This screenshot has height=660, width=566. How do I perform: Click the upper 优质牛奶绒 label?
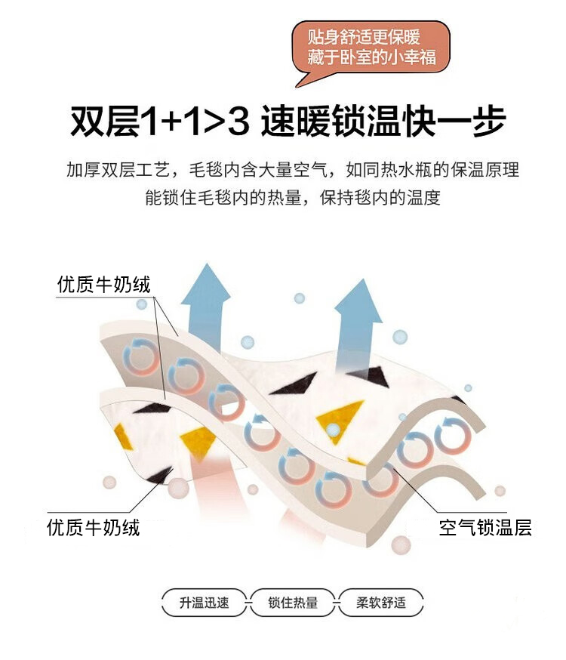point(104,285)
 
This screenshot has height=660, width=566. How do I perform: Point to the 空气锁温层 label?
point(485,528)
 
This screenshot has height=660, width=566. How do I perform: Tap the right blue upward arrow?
point(358,317)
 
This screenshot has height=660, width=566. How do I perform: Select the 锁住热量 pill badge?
point(293,603)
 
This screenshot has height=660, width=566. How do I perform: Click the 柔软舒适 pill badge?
point(381,603)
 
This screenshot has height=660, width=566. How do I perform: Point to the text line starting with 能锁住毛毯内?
point(292,199)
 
